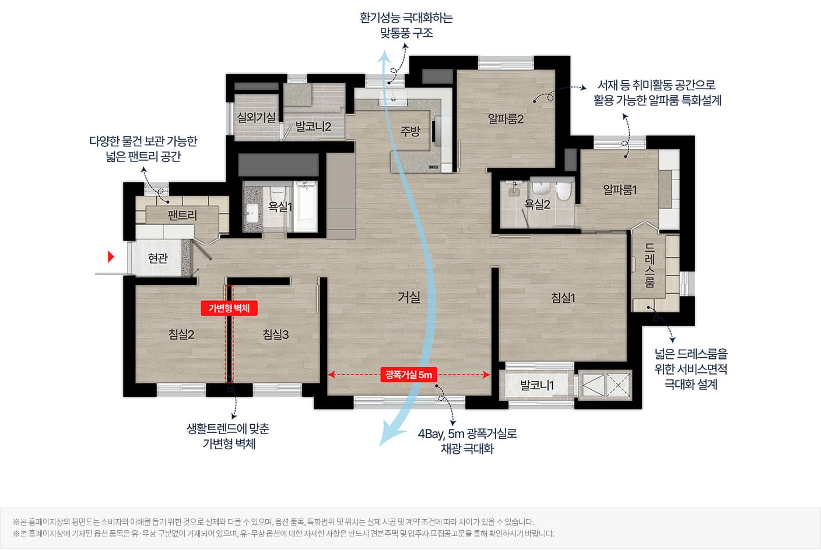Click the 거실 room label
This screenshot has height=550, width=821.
pos(409,297)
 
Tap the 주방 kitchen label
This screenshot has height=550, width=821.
pos(410,131)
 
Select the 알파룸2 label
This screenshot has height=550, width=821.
pos(506,119)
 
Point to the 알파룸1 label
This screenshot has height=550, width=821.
pos(620,190)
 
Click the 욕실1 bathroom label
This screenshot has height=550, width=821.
pos(280,206)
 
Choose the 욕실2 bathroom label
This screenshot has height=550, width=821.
pos(537,205)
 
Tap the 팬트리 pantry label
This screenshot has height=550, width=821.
pos(182,215)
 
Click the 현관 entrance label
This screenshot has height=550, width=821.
pos(158,258)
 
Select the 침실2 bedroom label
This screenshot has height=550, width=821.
pos(181,334)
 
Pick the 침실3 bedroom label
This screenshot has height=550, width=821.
pos(276,334)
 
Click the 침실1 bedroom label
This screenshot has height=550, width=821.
pos(563,298)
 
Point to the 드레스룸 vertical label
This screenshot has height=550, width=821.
pos(650,266)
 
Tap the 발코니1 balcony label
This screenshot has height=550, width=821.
pos(537,385)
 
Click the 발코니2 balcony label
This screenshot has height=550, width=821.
pos(313,126)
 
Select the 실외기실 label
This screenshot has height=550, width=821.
pos(256,118)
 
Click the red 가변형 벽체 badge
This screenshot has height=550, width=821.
pos(229,308)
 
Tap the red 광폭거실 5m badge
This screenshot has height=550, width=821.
pos(409,375)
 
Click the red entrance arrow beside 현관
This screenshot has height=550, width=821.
pos(111,257)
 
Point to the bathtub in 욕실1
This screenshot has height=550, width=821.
pos(305,206)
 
